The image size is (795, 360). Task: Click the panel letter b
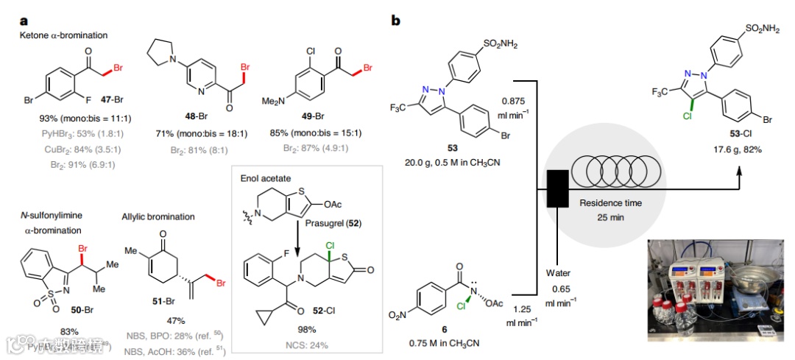pos(395,21)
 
